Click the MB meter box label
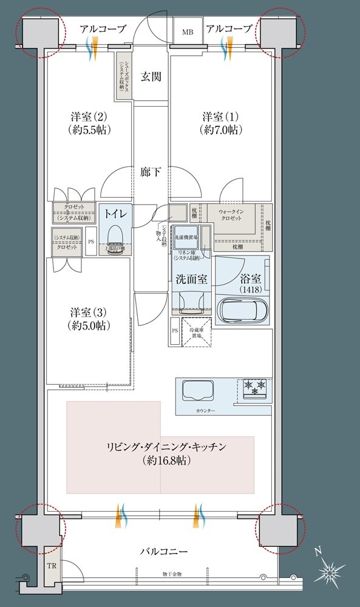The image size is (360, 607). click(186, 32)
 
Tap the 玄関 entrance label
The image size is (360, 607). click(151, 76)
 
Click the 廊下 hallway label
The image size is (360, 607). click(151, 172)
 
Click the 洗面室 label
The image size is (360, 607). click(192, 280)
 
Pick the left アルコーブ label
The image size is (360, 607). click(103, 29)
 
